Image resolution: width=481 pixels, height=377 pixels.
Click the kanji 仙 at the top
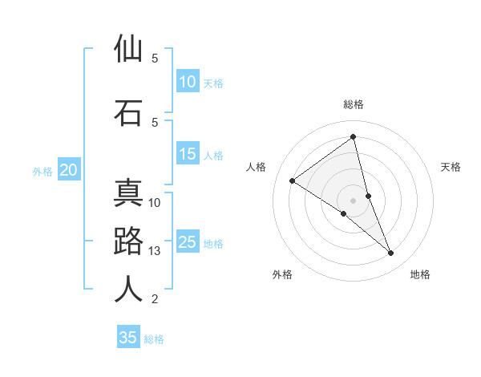click(x=128, y=50)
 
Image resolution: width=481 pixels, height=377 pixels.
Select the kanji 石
click(x=128, y=112)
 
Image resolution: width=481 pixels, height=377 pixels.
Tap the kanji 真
click(x=128, y=194)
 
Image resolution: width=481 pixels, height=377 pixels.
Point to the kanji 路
click(x=128, y=241)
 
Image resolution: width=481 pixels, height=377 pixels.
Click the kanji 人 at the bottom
click(x=128, y=289)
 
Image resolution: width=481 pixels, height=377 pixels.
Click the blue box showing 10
click(x=188, y=82)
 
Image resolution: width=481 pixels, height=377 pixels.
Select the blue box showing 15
click(x=188, y=155)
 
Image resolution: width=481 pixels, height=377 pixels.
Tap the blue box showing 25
click(x=188, y=242)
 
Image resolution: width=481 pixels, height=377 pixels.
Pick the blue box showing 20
click(x=69, y=170)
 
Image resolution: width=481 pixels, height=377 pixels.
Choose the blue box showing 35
click(x=128, y=338)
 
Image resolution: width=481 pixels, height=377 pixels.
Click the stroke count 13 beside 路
click(x=155, y=251)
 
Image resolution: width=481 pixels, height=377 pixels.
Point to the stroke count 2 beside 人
click(x=155, y=299)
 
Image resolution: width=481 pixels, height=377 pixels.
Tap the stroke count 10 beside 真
click(x=155, y=202)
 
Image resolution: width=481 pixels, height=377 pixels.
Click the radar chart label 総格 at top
click(x=354, y=104)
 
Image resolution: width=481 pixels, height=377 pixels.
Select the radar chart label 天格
click(x=451, y=167)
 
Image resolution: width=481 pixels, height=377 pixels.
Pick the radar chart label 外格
click(x=282, y=275)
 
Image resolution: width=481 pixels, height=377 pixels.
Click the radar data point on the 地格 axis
click(x=391, y=253)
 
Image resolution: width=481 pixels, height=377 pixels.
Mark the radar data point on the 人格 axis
click(x=293, y=180)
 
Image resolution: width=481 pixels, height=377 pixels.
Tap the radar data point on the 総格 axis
click(x=354, y=136)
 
